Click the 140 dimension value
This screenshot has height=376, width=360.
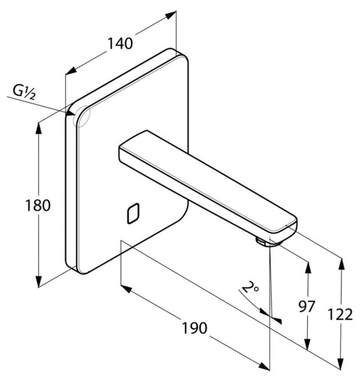pyautogui.click(x=120, y=43)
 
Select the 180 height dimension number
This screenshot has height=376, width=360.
pyautogui.click(x=38, y=206)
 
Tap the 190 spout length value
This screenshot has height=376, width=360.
pyautogui.click(x=194, y=328)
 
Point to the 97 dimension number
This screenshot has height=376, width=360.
pyautogui.click(x=307, y=306)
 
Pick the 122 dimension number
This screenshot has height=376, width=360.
pyautogui.click(x=341, y=315)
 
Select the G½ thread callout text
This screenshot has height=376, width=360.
pyautogui.click(x=24, y=92)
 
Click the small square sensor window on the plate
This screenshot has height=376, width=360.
pyautogui.click(x=133, y=214)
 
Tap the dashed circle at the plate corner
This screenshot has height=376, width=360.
pyautogui.click(x=81, y=117)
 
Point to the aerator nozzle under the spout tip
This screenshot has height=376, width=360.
pyautogui.click(x=261, y=241)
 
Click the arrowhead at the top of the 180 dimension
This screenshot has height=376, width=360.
pyautogui.click(x=38, y=128)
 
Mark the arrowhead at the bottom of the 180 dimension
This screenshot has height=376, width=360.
pyautogui.click(x=38, y=281)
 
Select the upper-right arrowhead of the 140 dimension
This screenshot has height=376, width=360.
pyautogui.click(x=171, y=15)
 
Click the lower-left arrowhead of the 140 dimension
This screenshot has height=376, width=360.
pyautogui.click(x=71, y=70)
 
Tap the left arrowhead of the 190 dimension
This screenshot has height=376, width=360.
pyautogui.click(x=126, y=289)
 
